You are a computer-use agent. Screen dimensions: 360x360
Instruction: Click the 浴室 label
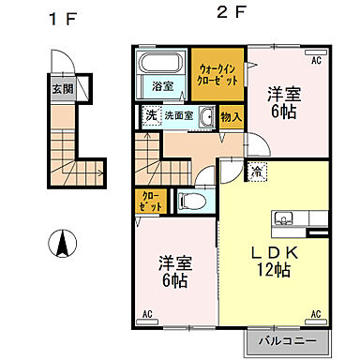point(162,85)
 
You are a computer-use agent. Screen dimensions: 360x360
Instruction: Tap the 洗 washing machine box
point(150,115)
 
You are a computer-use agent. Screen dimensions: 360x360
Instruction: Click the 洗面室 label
point(178,116)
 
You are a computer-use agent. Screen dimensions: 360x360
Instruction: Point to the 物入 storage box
point(232,117)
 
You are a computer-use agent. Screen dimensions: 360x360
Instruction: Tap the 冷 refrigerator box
point(230,172)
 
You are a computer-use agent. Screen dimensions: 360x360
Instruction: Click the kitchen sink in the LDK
point(285,221)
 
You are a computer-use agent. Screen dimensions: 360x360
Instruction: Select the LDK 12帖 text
point(274,261)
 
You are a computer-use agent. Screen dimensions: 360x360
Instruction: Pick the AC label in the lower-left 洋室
point(146,313)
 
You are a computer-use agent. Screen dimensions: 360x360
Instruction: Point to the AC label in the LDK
point(316,313)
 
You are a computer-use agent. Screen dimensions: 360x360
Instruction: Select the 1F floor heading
point(62,18)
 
